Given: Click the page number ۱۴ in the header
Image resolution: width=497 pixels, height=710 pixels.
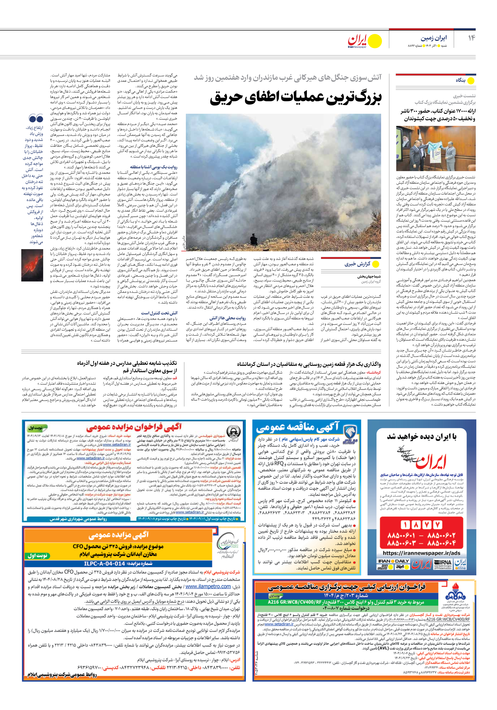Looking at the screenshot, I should (471, 38).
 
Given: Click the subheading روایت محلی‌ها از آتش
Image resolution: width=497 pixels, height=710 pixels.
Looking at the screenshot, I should (228, 318).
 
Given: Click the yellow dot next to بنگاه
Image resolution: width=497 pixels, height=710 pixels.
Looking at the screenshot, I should (471, 81).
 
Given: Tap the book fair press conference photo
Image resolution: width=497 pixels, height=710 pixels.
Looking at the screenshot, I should (436, 149).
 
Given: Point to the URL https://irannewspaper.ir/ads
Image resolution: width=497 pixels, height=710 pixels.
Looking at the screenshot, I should (421, 553).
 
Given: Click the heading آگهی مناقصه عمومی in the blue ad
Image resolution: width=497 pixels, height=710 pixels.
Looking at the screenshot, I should (298, 427).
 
